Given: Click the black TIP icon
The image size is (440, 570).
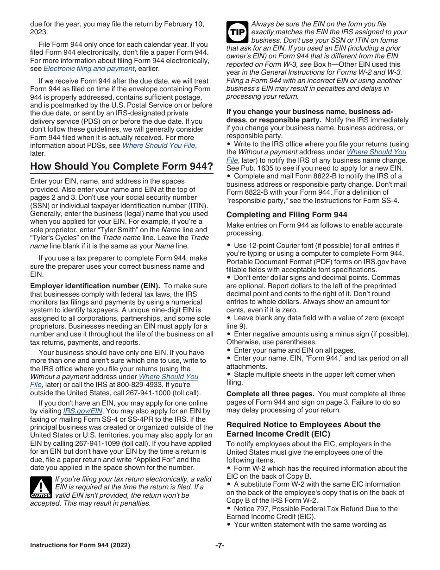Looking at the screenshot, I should pyautogui.click(x=237, y=32).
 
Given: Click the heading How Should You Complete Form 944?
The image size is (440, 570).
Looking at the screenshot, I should pyautogui.click(x=121, y=166).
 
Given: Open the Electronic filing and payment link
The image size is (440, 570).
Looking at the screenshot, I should pyautogui.click(x=88, y=69).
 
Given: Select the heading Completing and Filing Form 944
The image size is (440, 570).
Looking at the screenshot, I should pyautogui.click(x=286, y=215).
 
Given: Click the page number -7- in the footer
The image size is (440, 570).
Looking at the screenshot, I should pyautogui.click(x=220, y=545).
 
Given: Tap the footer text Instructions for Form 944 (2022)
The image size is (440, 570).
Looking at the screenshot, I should pyautogui.click(x=80, y=545).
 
